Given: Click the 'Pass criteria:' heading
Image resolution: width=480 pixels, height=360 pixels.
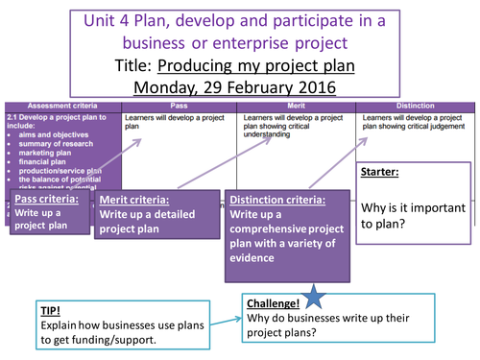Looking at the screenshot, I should tap(45, 198).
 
